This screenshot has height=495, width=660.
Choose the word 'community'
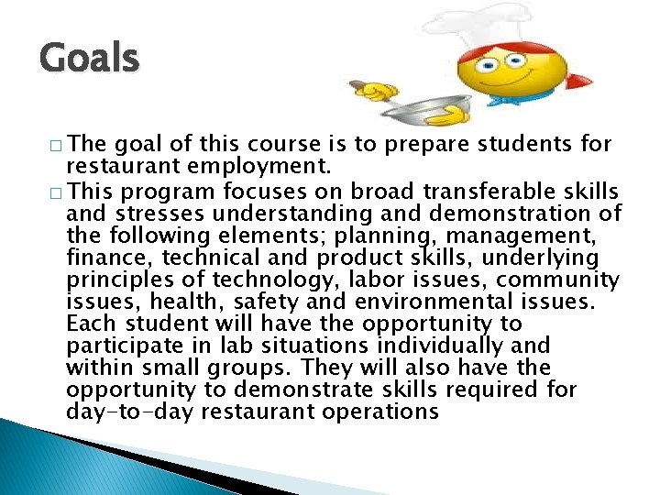click(x=555, y=280)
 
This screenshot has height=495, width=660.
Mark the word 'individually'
click(x=435, y=346)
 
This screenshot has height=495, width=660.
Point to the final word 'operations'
click(x=385, y=412)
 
